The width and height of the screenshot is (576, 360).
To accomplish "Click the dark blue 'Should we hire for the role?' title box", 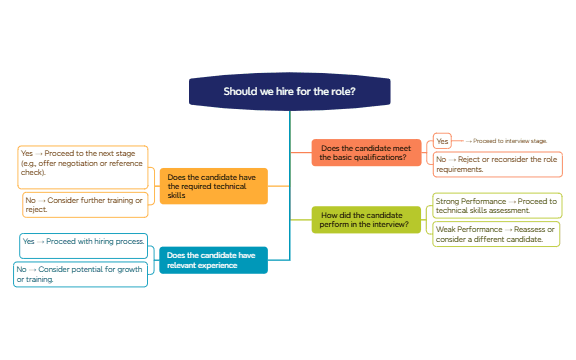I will tap(288, 92).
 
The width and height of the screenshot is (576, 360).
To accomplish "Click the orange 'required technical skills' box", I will tap(214, 186).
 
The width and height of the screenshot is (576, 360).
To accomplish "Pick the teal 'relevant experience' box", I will tap(213, 260).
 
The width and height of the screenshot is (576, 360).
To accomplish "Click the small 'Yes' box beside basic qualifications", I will tap(442, 141).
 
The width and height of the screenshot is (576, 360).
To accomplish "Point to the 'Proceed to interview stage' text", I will tap(510, 142).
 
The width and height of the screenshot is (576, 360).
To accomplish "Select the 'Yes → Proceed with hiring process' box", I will tap(84, 242).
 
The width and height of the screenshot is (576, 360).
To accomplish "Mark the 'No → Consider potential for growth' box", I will tap(81, 274).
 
